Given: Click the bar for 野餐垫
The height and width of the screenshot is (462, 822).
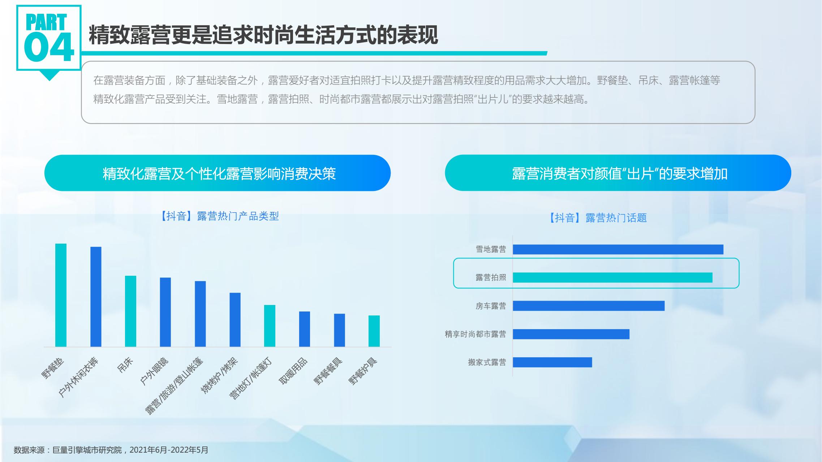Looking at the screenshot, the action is (x=61, y=295).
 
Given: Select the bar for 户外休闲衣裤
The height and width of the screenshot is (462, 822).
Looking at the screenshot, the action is (x=96, y=297).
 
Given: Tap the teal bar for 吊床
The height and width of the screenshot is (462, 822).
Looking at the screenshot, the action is (x=130, y=311).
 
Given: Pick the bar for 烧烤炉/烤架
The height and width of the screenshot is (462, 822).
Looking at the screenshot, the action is (x=235, y=320).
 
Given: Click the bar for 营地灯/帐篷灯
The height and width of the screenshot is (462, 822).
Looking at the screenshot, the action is (x=270, y=326).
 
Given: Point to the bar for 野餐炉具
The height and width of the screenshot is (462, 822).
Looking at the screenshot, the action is (x=374, y=331).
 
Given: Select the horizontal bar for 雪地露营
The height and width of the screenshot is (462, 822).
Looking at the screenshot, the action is (x=618, y=249).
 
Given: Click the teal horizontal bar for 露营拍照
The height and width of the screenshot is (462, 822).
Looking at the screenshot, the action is (x=612, y=278).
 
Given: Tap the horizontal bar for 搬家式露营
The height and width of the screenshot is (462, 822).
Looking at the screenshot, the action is (x=552, y=362).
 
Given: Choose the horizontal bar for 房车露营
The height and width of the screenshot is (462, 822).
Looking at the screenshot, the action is (x=589, y=306).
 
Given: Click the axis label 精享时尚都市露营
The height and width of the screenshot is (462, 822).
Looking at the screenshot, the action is (x=475, y=334).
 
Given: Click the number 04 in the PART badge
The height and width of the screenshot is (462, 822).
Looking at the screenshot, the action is (x=49, y=47).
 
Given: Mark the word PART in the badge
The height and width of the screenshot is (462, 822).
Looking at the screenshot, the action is (x=46, y=22).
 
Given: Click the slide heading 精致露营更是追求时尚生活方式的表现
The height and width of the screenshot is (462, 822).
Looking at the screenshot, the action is (x=263, y=35).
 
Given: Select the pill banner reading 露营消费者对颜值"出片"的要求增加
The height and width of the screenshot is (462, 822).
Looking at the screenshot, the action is (x=618, y=173).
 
